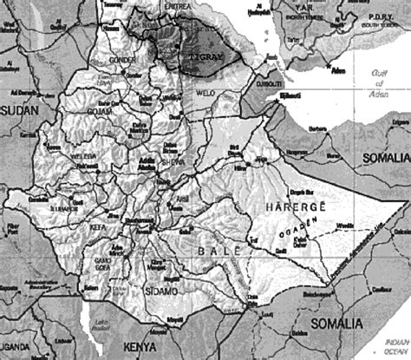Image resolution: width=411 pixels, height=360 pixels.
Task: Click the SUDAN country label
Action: [x=19, y=109]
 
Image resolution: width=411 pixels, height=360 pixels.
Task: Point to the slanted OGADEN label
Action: [x=296, y=230]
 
